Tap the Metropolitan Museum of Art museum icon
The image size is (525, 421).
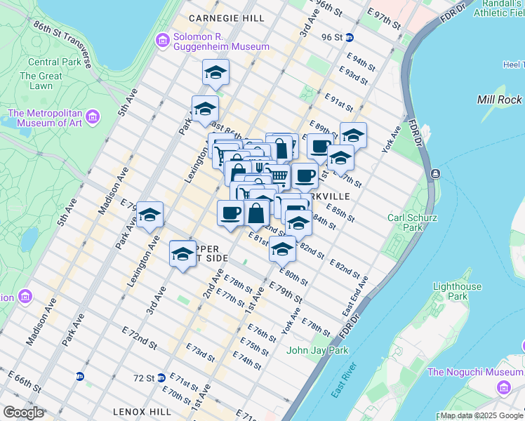[92, 115]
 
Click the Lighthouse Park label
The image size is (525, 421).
[457, 291]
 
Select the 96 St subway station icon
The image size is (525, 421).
[349, 37]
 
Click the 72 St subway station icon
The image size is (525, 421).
[161, 377]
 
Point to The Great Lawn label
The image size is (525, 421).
[41, 81]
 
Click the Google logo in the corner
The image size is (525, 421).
[23, 413]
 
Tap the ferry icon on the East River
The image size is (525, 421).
[436, 173]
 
